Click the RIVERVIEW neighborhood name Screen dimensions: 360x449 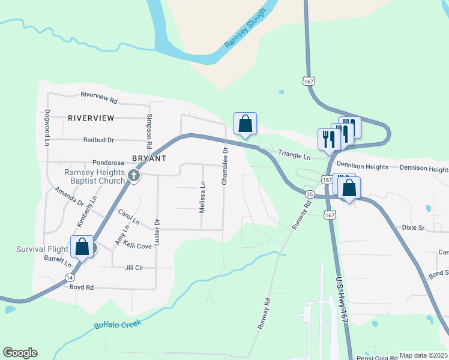(x=91, y=118)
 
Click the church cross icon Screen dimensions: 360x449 (x=134, y=176)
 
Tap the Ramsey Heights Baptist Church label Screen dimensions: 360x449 (x=94, y=176)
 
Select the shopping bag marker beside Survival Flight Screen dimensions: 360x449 (x=82, y=246)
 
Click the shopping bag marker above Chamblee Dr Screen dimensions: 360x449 (x=245, y=124)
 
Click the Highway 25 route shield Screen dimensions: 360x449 (x=310, y=194)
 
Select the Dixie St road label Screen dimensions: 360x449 (x=413, y=228)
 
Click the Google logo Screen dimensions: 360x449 (x=20, y=353)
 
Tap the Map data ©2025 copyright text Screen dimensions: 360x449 (x=423, y=355)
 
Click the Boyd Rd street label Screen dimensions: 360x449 (x=82, y=287)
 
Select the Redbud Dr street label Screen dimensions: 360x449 (x=98, y=140)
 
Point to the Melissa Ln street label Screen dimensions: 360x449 (x=202, y=197)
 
